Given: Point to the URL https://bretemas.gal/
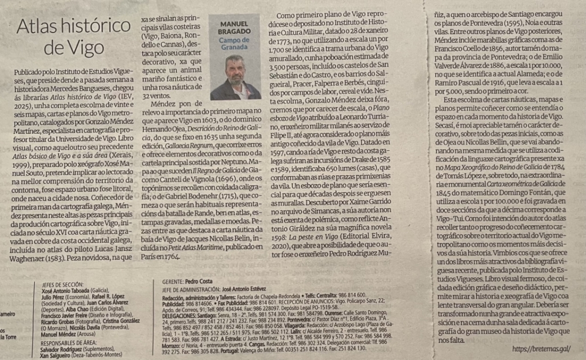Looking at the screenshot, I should coord(541,349).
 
